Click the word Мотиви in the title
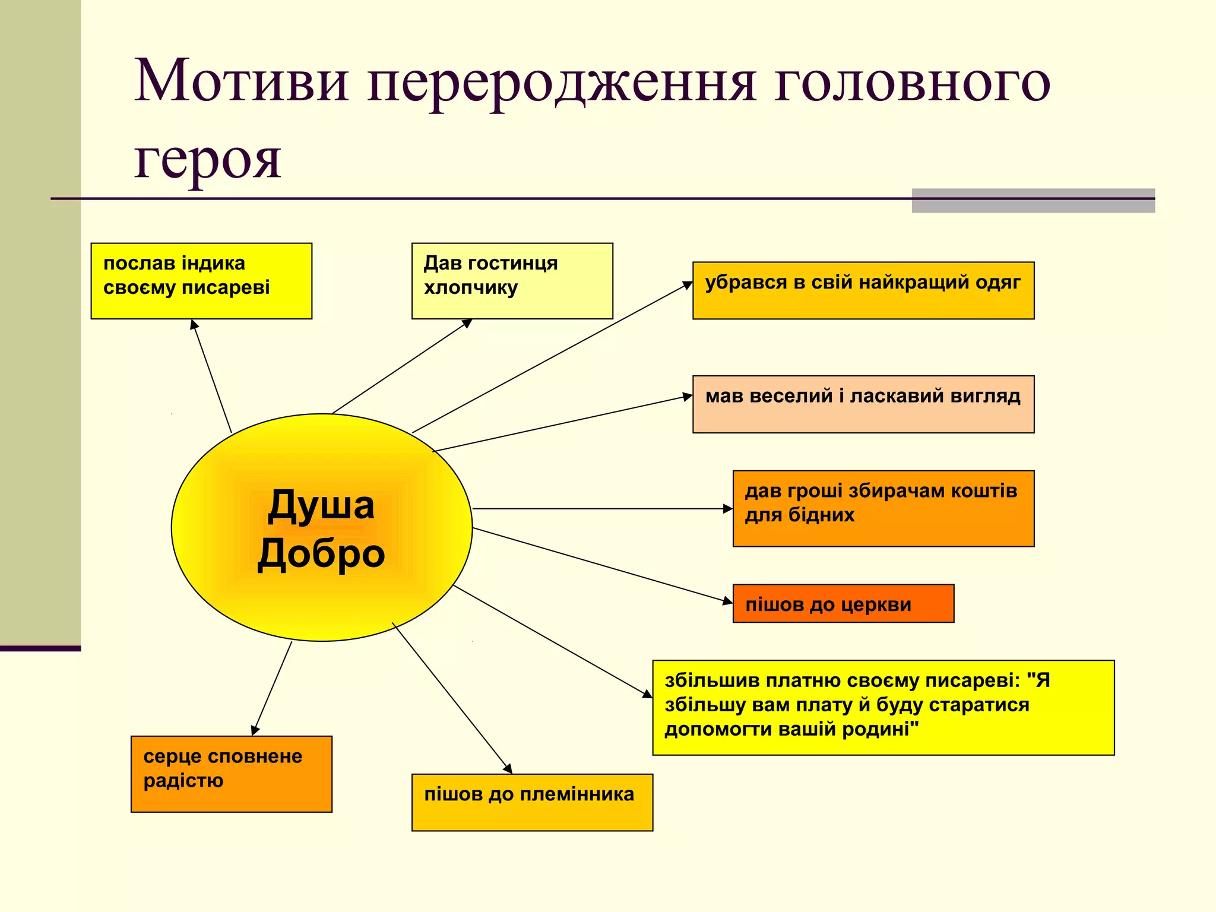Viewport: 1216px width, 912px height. point(240,81)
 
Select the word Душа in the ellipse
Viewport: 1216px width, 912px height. point(321,505)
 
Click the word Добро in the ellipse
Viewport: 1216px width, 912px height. point(321,553)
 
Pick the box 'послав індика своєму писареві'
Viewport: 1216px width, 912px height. point(201,281)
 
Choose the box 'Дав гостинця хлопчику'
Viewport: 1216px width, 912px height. point(512,281)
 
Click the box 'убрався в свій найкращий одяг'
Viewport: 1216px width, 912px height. point(863,290)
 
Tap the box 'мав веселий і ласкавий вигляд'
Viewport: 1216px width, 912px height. point(863,404)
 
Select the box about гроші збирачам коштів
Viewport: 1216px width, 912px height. point(883,508)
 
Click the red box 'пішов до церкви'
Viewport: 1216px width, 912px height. point(843,603)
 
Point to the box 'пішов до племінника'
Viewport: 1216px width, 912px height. point(532,802)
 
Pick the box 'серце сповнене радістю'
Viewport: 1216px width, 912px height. point(231,774)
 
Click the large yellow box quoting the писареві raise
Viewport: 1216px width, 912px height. point(883,707)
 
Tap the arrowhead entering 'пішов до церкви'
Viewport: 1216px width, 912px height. point(728,601)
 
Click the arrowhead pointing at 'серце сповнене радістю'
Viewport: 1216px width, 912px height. point(255,730)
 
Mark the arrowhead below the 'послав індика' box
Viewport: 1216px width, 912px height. point(194,324)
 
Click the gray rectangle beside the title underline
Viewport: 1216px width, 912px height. point(1033,201)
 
